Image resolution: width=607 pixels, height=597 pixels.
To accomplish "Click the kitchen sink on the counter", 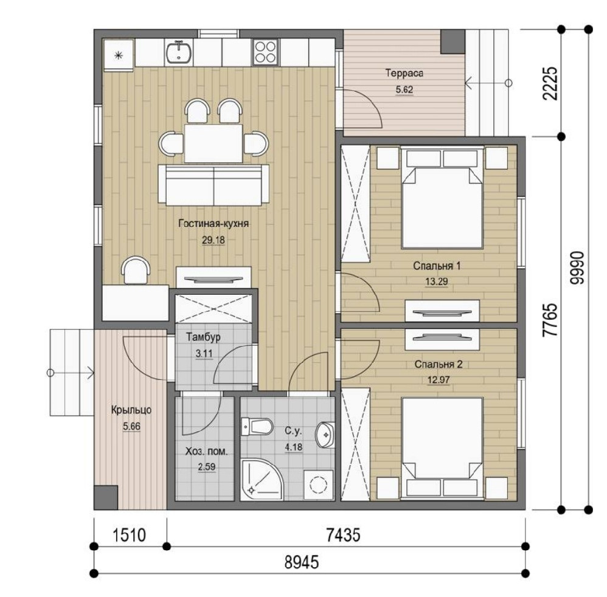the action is coord(178,52).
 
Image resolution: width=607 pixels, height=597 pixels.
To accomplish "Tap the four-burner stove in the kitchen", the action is coord(265,52).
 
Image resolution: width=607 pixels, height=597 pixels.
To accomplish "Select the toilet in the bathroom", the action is coord(256,426).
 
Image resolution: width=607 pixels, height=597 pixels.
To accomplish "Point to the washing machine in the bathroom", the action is coord(319,485).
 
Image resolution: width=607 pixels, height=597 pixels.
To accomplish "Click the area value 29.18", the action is coord(213,240).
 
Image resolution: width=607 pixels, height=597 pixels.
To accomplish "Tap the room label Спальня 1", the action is coord(437,266).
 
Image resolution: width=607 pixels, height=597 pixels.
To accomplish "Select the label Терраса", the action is coord(404,73).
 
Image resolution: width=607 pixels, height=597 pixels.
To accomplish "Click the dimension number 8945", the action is coord(302,562).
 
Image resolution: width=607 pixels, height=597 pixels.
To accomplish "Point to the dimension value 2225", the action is coord(550,83).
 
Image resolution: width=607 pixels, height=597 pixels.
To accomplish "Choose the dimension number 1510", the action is coord(130,536).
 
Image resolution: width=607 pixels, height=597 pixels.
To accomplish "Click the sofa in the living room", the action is coord(213,185).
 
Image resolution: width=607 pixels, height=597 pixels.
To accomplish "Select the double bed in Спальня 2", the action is coord(442,448).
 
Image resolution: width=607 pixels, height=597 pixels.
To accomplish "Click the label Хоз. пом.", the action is coord(206,451).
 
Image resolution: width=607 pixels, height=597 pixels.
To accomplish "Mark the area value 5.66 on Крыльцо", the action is coord(131,426).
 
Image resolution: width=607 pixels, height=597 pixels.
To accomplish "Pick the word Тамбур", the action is coord(203,337).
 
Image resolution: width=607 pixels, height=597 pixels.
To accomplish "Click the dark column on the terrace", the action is coord(453,41).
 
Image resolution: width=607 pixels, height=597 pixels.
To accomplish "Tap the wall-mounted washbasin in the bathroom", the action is coord(326,435).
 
